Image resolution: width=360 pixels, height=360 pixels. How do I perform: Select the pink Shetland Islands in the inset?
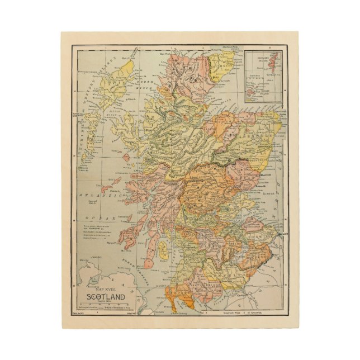tap(274, 61)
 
